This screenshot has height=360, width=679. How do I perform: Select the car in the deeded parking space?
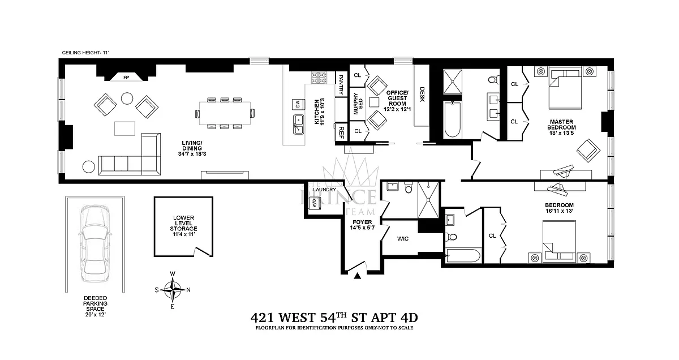pyautogui.click(x=96, y=243)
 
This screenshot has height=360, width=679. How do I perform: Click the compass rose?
pyautogui.click(x=173, y=289)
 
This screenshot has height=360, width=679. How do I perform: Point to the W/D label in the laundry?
pyautogui.click(x=315, y=205)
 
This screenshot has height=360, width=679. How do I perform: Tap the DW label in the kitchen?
pyautogui.click(x=296, y=104)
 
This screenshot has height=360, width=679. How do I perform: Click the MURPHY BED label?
pyautogui.click(x=356, y=104)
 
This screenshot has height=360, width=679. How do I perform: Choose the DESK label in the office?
pyautogui.click(x=422, y=93)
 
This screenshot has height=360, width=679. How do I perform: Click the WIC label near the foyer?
pyautogui.click(x=403, y=239)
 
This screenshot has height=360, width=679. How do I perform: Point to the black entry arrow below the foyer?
pyautogui.click(x=357, y=276)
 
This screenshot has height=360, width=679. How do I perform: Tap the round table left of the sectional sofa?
pyautogui.click(x=89, y=166)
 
